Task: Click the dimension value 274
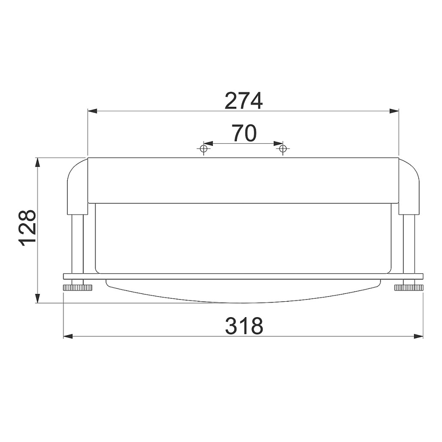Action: (x=244, y=101)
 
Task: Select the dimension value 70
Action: (x=245, y=133)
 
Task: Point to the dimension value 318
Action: (x=244, y=326)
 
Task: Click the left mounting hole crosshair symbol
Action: (x=203, y=148)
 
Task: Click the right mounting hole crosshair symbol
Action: (x=283, y=148)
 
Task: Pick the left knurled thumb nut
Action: (x=78, y=288)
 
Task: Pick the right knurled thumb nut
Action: (x=409, y=288)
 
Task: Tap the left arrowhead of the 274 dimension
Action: (x=92, y=111)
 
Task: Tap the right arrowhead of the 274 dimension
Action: (x=394, y=111)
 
